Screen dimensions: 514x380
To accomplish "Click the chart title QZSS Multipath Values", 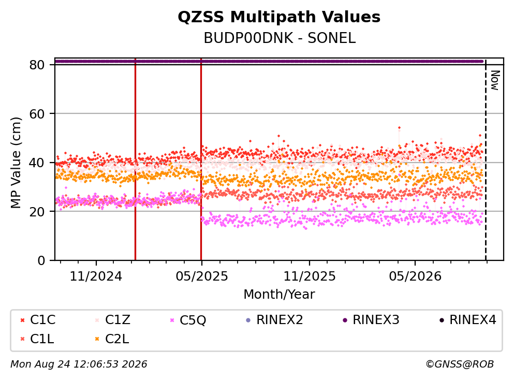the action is tap(279, 17).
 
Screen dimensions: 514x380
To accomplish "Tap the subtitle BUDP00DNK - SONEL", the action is tap(280, 38).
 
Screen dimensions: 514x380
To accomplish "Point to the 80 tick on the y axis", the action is tap(37, 65).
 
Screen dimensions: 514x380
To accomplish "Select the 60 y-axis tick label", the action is tap(37, 114).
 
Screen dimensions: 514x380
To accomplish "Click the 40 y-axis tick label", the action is tap(37, 163).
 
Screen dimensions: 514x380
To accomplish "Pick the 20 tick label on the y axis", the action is tap(37, 211).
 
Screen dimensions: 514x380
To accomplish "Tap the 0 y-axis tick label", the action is tap(41, 260).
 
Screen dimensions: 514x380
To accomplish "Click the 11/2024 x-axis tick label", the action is tap(96, 276).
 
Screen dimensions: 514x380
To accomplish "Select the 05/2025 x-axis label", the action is tap(201, 276).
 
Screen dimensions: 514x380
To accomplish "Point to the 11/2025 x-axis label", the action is tap(310, 276).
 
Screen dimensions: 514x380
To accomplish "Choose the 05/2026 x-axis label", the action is tap(415, 276).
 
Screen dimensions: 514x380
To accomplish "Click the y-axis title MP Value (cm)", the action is tap(16, 163).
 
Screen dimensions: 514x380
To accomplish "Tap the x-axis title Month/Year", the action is tap(279, 295).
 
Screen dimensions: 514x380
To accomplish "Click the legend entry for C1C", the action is tap(38, 319).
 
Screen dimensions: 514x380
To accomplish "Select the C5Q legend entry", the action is tap(188, 320).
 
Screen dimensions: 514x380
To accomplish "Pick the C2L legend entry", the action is tap(112, 339).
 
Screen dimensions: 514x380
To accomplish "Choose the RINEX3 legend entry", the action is tap(371, 319).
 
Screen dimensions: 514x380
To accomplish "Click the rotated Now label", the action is tap(495, 80).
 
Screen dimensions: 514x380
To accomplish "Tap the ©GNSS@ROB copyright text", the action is tap(460, 364).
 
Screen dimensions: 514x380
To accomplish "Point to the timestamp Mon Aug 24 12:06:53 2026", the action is tap(79, 364).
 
